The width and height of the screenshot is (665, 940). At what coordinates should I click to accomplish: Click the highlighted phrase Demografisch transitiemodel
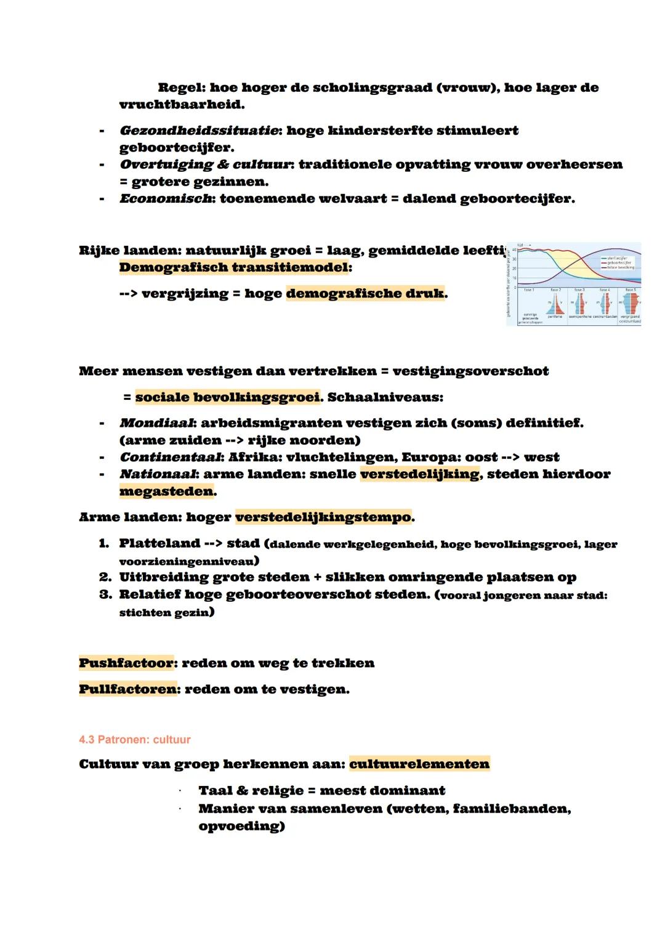point(235,267)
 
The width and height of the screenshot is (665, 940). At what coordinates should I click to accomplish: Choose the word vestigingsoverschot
point(470,371)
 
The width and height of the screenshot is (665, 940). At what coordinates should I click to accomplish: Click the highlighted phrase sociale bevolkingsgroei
point(227,397)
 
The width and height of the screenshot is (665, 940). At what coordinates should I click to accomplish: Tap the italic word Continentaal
point(171,457)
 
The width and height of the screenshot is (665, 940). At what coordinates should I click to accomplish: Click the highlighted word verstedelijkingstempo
point(323,517)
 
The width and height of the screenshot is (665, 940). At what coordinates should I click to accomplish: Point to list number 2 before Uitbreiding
point(105,577)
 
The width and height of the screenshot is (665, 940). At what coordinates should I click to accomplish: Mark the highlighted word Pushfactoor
point(126,663)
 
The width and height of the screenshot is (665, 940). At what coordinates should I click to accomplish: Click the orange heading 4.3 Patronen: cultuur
point(135,739)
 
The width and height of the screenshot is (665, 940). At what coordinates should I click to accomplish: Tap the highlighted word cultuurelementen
point(419,764)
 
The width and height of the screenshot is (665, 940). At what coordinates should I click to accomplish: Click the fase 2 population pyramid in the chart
point(555,304)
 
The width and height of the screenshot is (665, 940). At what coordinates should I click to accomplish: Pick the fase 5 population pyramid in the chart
point(630,304)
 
